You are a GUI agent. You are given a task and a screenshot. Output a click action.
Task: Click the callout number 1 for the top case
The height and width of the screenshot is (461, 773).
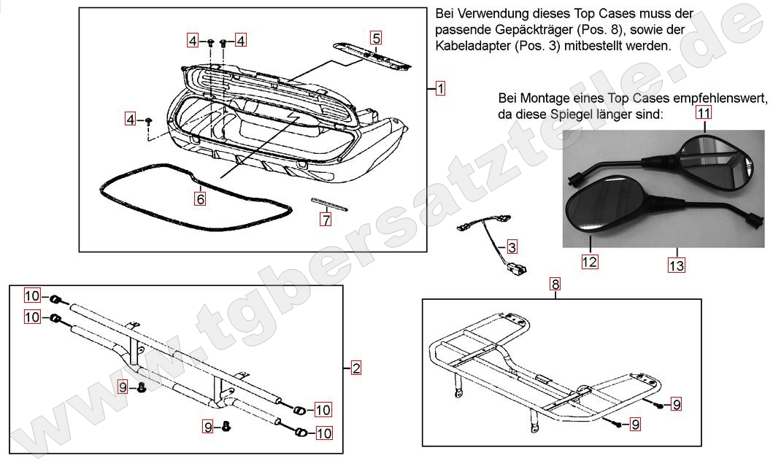coord(440,89)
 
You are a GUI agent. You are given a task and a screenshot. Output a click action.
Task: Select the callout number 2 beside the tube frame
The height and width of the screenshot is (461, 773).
coord(355,368)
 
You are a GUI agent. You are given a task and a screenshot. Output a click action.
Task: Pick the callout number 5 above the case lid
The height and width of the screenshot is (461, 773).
coord(375,37)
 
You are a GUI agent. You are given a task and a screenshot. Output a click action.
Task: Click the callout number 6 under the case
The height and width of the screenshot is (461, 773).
coord(199,197)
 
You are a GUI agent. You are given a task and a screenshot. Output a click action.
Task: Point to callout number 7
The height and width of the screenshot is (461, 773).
coord(326,217)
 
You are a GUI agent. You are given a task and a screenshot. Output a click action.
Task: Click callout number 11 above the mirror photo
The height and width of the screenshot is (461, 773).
coord(703,112)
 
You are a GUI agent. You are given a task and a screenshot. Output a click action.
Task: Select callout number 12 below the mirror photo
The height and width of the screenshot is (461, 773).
coord(589,262)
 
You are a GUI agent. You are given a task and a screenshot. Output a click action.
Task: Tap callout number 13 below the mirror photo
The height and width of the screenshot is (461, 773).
coord(676,266)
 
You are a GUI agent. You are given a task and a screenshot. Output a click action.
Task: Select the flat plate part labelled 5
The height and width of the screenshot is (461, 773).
coord(372,55)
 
